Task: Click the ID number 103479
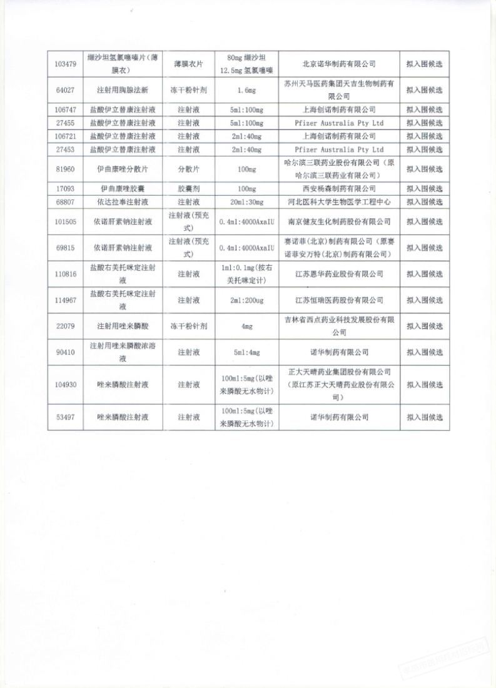coord(66,64)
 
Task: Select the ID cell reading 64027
coord(66,90)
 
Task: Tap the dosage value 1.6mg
coord(246,90)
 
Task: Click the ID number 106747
coord(66,109)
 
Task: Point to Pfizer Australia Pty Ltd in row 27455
coord(338,123)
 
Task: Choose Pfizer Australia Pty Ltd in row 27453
coord(338,149)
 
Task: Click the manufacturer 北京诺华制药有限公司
coord(338,64)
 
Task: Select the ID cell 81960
coord(66,169)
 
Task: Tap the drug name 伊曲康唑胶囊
coord(128,188)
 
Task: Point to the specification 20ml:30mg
coord(246,201)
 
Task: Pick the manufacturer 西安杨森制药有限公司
coord(338,188)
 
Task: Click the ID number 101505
coord(66,221)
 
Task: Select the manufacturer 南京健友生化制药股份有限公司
coord(338,221)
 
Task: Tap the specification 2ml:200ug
coord(246,300)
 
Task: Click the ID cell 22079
coord(66,326)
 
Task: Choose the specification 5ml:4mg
coord(246,352)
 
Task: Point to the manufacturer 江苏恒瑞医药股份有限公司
coord(338,300)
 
